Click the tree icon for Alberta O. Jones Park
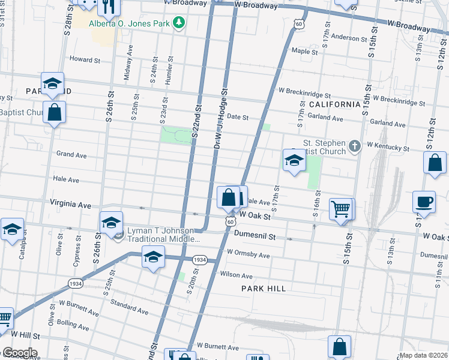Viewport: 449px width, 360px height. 178,23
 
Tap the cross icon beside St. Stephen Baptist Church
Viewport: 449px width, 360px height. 355,146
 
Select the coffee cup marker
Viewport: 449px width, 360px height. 424,201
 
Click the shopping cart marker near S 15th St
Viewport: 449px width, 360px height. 341,209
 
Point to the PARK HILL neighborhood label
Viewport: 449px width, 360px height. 264,289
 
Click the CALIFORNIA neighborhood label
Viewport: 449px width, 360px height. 334,104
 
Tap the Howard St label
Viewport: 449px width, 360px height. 85,59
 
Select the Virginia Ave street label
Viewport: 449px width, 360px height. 70,205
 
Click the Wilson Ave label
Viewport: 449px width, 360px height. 237,275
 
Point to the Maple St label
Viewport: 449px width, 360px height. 304,52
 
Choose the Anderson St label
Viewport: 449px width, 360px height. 349,37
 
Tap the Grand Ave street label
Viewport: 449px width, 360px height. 71,155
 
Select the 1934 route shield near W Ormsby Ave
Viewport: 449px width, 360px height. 200,260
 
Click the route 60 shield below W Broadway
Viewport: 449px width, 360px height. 298,23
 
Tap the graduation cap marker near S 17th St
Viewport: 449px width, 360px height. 294,160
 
